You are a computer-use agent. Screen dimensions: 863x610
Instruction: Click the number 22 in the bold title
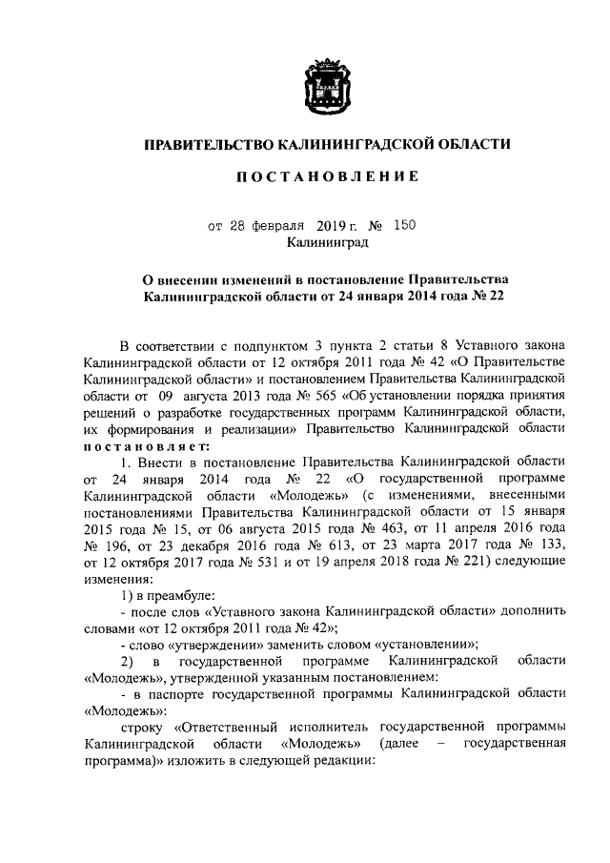tap(494, 297)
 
